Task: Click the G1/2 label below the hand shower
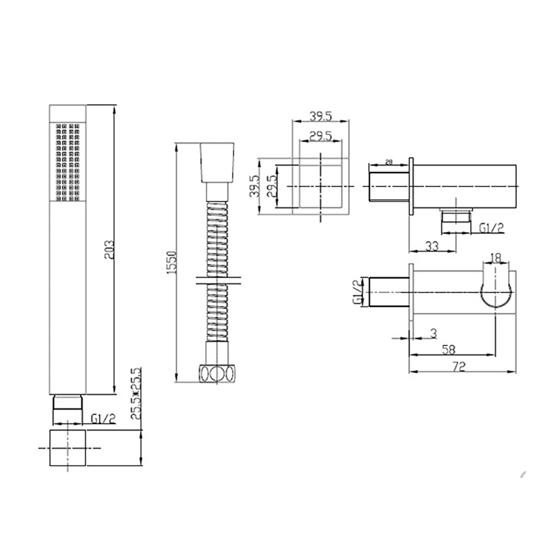pyautogui.click(x=103, y=419)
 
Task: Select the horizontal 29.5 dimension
pyautogui.click(x=321, y=137)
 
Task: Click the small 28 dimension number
pyautogui.click(x=389, y=162)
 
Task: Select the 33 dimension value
pyautogui.click(x=432, y=246)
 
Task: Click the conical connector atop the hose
pyautogui.click(x=218, y=163)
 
